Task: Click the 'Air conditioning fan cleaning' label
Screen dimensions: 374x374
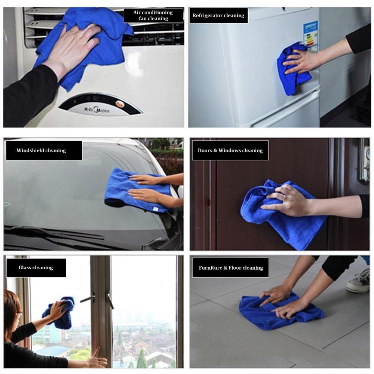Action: [x=153, y=15]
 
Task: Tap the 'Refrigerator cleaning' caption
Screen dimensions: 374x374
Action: [x=218, y=15]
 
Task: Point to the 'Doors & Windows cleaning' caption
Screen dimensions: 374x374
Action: [x=230, y=150]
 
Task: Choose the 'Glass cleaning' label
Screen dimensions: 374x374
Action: [x=36, y=268]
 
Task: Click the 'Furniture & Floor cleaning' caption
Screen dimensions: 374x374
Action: [x=230, y=268]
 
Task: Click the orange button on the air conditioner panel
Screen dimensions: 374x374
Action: [x=119, y=104]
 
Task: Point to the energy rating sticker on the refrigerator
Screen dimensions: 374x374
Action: [x=310, y=36]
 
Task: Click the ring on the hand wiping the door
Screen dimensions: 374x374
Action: [x=284, y=197]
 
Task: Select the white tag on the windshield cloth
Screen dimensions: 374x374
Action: [x=155, y=209]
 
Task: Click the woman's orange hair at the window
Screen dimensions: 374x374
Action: [x=11, y=308]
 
